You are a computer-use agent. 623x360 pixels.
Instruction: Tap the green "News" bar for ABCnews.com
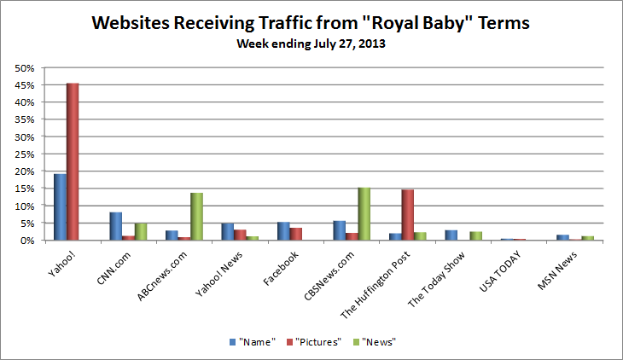197,217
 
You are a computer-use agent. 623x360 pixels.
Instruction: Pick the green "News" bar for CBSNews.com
364,214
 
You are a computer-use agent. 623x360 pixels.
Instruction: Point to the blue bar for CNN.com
115,226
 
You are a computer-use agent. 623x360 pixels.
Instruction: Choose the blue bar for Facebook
283,231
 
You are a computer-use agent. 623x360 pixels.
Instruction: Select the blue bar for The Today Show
451,235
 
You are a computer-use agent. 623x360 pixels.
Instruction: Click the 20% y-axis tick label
24,171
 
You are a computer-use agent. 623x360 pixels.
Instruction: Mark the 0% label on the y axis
26,241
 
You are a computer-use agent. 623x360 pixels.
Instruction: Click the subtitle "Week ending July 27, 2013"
311,44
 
